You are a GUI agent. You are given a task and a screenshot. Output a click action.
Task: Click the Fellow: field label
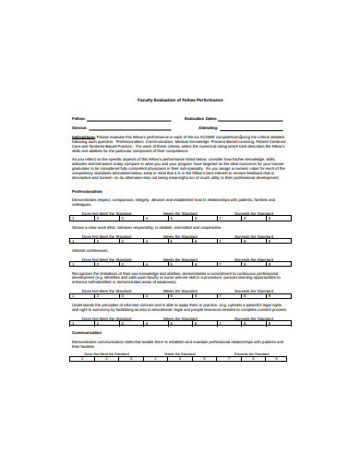(79, 118)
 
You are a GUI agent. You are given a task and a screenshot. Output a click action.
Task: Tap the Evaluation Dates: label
(200, 118)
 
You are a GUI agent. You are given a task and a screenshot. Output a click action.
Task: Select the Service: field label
(79, 127)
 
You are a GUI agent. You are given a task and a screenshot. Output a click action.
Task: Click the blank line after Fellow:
(120, 119)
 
